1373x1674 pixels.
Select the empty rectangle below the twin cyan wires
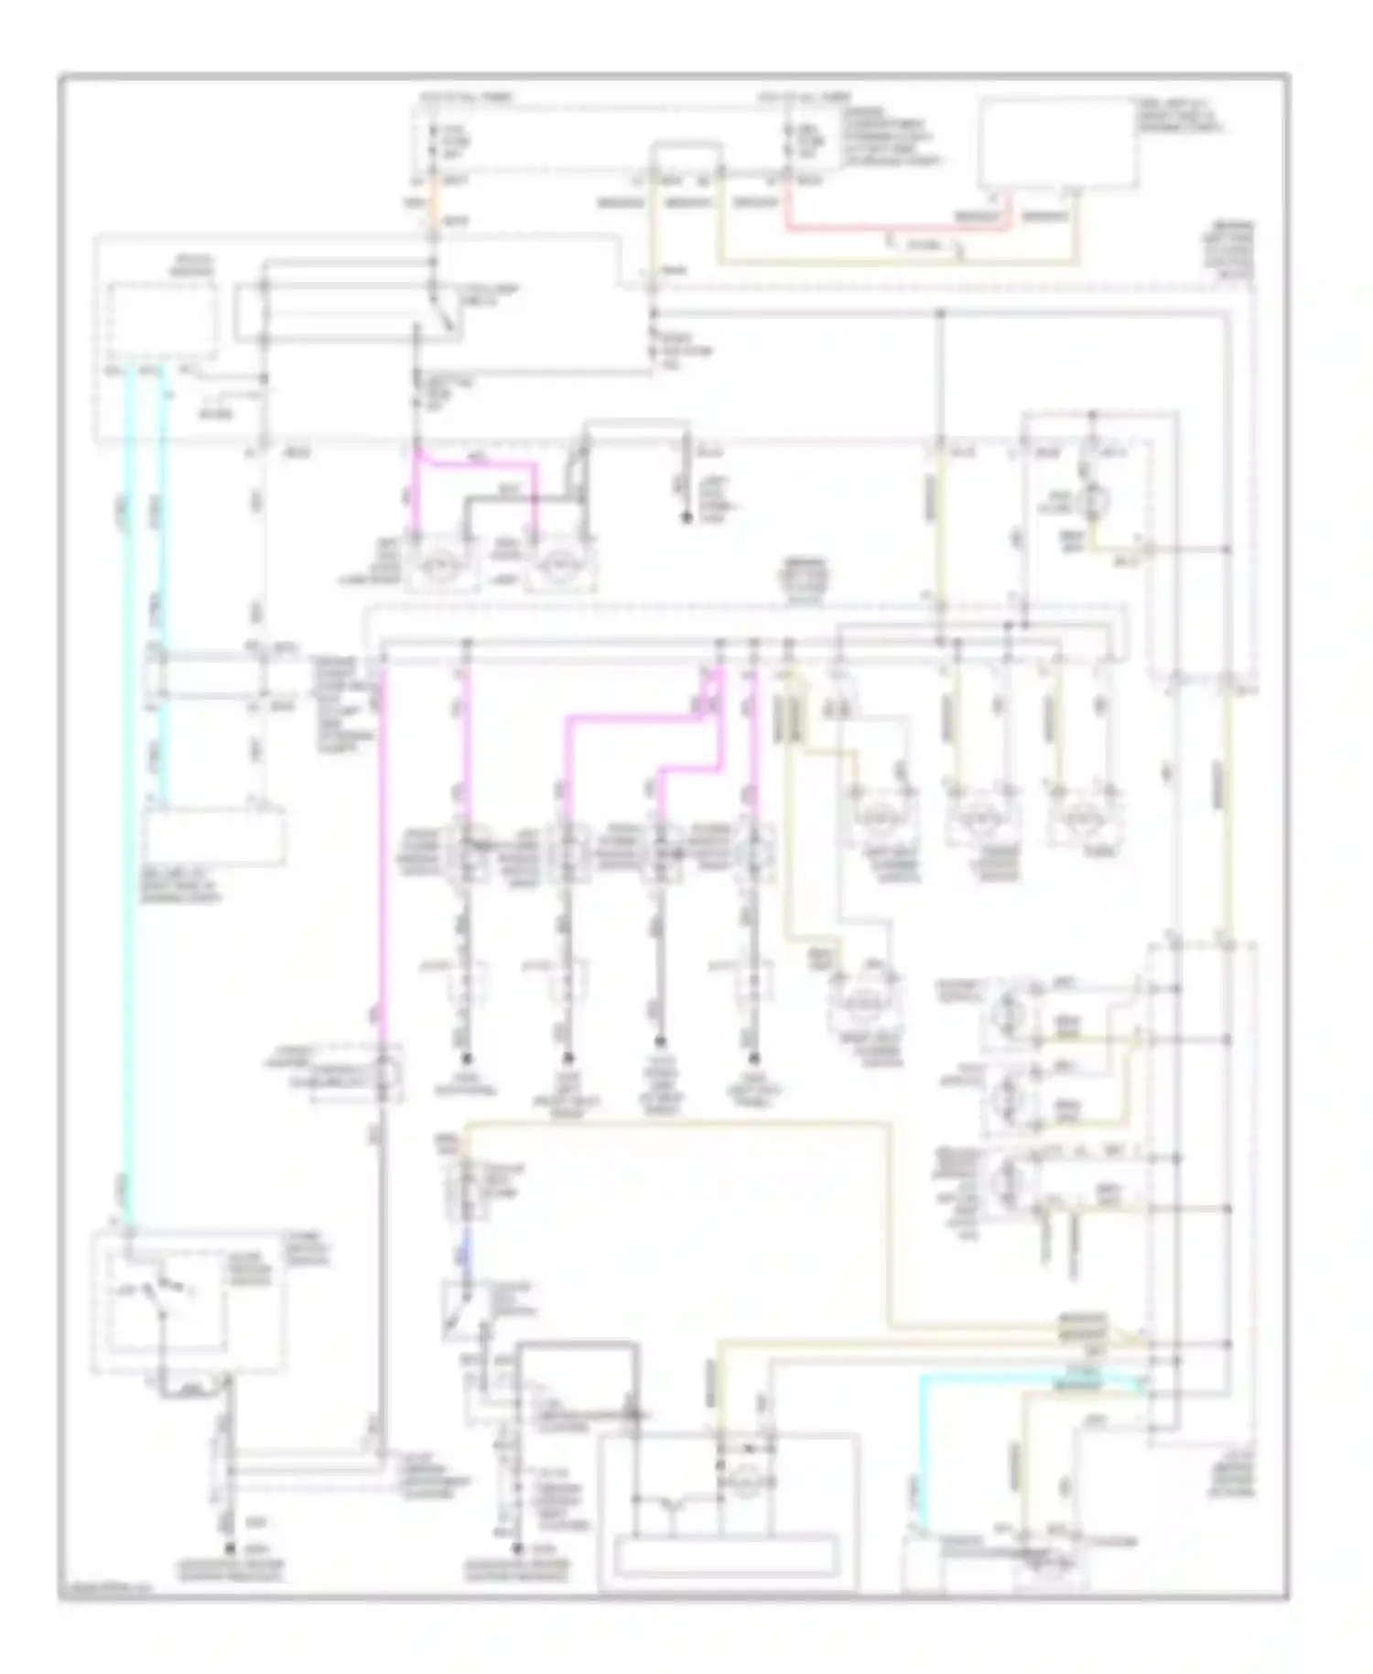(x=211, y=837)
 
